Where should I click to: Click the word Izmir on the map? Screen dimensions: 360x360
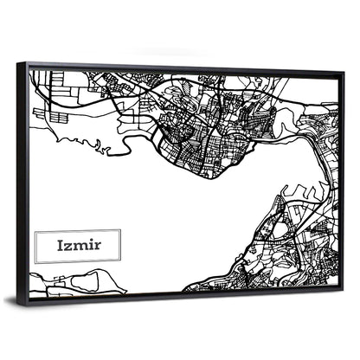[77, 245]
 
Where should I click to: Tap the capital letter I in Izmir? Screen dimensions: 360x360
[60, 245]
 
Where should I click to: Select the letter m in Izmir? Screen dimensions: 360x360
[80, 246]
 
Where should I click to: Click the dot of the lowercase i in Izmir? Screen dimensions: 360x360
[89, 240]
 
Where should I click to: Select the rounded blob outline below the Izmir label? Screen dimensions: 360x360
[87, 280]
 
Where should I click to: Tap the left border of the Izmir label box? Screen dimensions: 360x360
[35, 246]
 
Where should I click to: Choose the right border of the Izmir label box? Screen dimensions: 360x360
[120, 245]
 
